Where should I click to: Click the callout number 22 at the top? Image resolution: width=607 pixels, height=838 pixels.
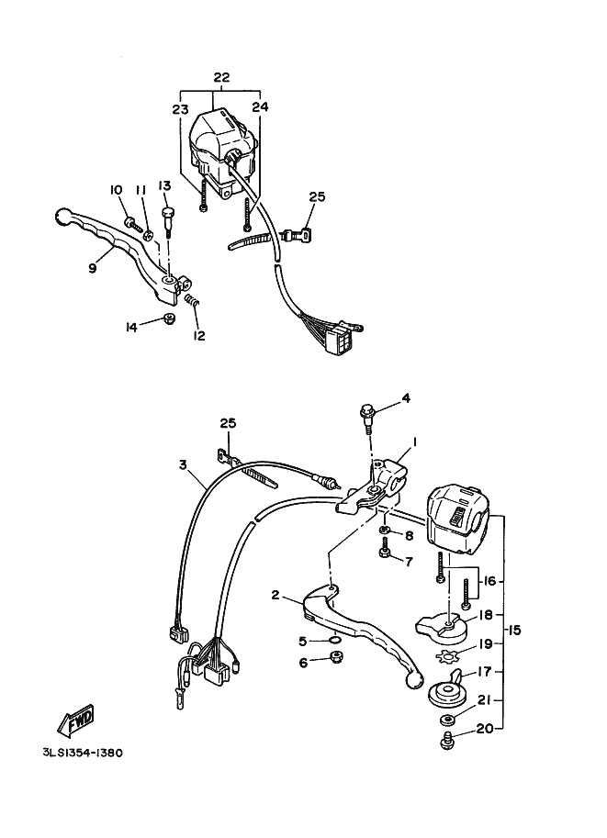pos(220,77)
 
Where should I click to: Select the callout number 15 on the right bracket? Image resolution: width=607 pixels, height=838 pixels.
pos(514,630)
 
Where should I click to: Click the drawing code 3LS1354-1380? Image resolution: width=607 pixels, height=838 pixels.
pos(82,753)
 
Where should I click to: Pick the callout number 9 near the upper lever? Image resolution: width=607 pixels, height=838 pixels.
pos(92,268)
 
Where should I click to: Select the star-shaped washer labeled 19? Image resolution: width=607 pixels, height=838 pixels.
pos(449,655)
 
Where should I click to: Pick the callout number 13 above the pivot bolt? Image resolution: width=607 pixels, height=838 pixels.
pos(165,186)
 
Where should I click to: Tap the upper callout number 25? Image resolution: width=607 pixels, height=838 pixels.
pos(317,196)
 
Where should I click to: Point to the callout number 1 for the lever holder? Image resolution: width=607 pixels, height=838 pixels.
pos(414,441)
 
